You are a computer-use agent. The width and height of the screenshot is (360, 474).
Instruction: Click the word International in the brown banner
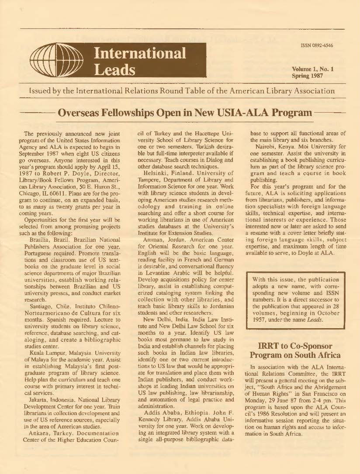140,54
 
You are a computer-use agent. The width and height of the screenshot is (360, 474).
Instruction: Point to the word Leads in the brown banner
115,70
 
